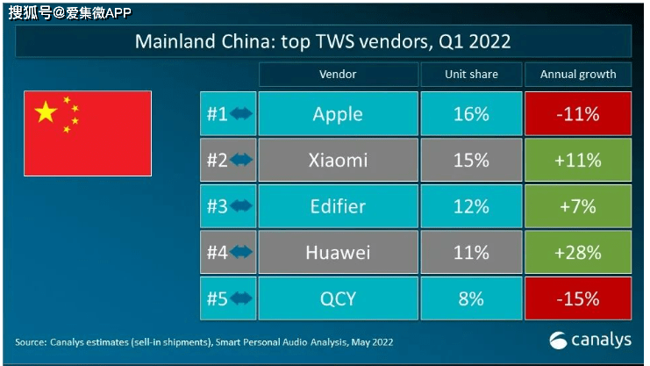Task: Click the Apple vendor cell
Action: pos(338,114)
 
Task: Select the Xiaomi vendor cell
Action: pos(338,160)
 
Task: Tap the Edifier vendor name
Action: pos(338,206)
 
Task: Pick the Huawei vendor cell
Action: pos(338,252)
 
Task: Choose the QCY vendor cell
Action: pos(338,298)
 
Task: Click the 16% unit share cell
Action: pos(471,114)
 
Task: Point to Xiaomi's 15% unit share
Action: pos(471,160)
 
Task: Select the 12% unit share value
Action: pos(471,206)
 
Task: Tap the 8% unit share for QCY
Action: pos(471,298)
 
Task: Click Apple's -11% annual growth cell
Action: pos(578,114)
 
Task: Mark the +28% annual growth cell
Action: pos(578,252)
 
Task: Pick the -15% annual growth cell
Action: pos(578,298)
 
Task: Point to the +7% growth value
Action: pos(578,206)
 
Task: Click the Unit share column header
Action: pos(471,75)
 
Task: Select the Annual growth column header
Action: pos(578,75)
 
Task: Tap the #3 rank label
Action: pos(218,206)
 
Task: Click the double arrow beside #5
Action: pos(241,298)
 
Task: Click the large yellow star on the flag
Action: pos(46,111)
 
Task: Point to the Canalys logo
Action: pos(590,341)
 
